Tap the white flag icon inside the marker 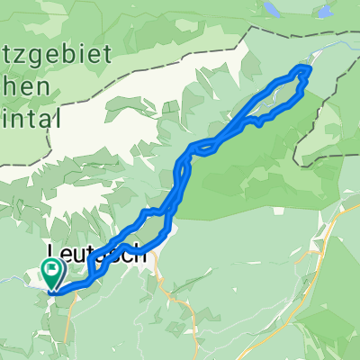51,268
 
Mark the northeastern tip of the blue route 309,67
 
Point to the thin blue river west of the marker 18,281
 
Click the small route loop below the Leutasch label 95,271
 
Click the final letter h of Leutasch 141,255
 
